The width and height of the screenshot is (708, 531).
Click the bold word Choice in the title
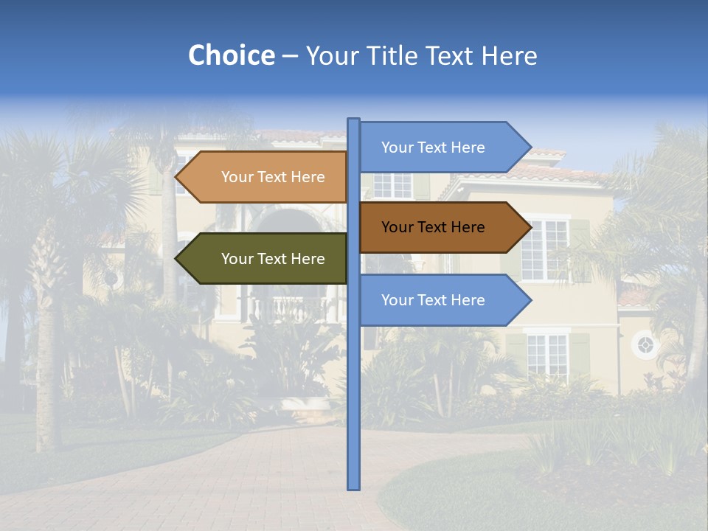tap(231, 56)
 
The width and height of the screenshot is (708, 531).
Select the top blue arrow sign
tap(435, 147)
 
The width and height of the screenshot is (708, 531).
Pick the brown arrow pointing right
tap(435, 227)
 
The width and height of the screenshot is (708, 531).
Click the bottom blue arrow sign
tap(435, 300)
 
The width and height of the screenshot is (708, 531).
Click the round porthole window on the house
tap(645, 344)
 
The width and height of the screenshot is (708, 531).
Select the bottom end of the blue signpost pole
tap(354, 487)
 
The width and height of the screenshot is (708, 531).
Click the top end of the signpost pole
tap(354, 120)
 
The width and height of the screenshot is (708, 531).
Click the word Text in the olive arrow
tap(274, 259)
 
